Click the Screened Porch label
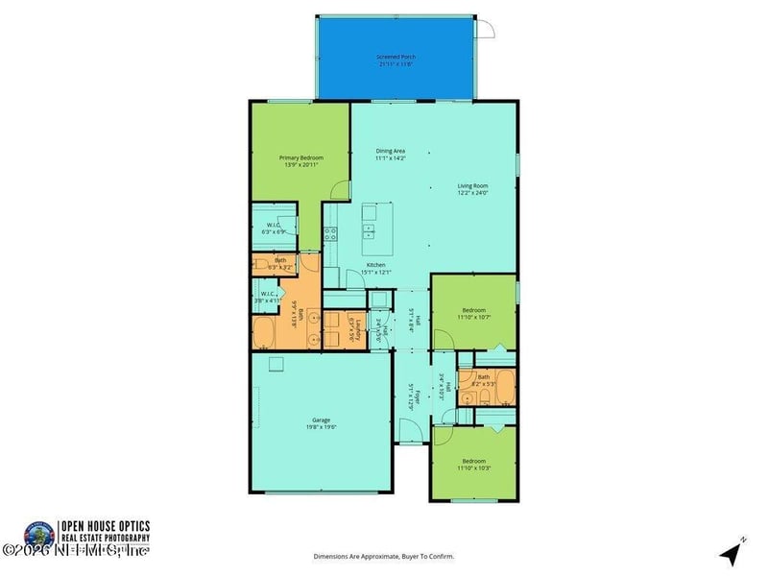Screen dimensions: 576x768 [x=396, y=60]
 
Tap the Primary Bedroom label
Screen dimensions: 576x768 [x=300, y=161]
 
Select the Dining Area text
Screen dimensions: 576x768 [x=390, y=155]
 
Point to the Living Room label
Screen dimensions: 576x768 [x=472, y=189]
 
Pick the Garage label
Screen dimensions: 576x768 [x=322, y=423]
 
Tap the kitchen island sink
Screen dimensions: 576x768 [x=369, y=230]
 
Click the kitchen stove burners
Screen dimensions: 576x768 [x=331, y=232]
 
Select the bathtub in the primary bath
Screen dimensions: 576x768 [x=265, y=335]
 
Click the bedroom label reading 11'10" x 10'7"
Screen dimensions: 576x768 [x=474, y=313]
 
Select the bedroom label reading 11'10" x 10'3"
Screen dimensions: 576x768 [x=474, y=464]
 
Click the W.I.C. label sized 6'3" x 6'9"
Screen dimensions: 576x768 [x=274, y=228]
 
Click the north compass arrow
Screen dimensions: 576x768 [x=734, y=551]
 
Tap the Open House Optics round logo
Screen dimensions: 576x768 [x=39, y=534]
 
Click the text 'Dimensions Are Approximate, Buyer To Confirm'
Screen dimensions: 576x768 [x=384, y=556]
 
